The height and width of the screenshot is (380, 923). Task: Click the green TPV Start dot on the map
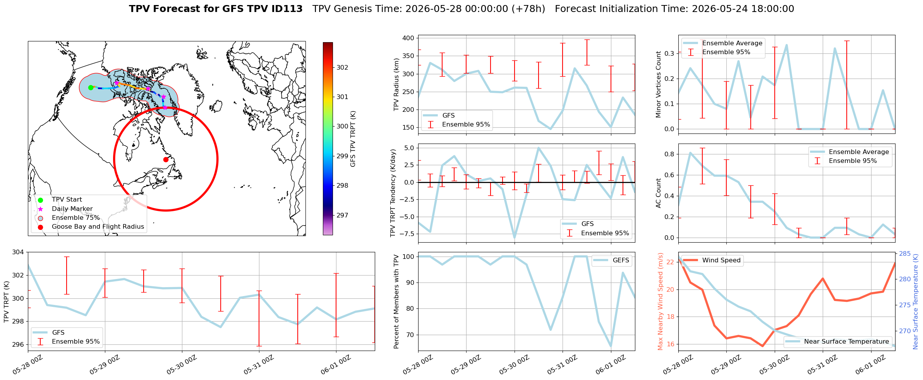91,87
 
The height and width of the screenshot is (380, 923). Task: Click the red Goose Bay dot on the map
166,159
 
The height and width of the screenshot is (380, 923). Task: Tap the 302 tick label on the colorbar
342,67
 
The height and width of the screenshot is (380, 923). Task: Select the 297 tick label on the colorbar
342,215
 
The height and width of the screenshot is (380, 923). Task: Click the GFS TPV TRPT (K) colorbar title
353,139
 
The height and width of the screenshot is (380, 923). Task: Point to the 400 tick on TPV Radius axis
408,38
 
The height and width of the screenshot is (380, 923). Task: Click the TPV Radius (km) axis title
396,84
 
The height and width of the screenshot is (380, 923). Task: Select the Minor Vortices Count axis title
659,84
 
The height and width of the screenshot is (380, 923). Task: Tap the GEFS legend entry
612,260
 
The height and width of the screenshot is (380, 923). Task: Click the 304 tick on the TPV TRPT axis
18,252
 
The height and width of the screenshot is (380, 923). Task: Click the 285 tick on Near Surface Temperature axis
905,253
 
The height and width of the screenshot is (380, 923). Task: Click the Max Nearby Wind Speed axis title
660,301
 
